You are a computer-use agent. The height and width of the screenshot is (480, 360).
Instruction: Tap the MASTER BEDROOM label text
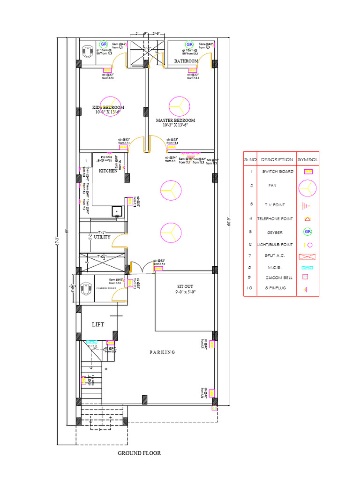(175, 120)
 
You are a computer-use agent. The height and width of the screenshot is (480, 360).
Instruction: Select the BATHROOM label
(186, 61)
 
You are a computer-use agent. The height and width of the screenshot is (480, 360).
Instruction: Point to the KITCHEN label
(108, 171)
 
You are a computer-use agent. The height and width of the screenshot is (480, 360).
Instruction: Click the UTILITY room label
(102, 237)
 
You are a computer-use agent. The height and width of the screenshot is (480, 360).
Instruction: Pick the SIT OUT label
(185, 286)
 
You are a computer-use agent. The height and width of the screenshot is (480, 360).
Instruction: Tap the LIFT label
(97, 324)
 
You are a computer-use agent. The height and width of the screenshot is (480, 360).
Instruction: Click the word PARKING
(162, 352)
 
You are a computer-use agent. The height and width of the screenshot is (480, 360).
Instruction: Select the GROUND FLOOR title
(139, 453)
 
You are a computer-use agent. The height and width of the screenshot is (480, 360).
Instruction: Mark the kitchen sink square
(116, 211)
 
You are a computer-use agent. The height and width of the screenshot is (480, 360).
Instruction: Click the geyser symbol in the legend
(308, 232)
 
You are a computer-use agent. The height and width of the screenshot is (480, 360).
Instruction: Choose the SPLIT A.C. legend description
(273, 256)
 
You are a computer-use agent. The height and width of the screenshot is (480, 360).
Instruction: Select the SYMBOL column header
(307, 159)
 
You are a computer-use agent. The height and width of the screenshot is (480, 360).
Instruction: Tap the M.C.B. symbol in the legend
(307, 268)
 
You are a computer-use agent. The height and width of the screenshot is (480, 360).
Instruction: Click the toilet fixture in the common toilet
(87, 287)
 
